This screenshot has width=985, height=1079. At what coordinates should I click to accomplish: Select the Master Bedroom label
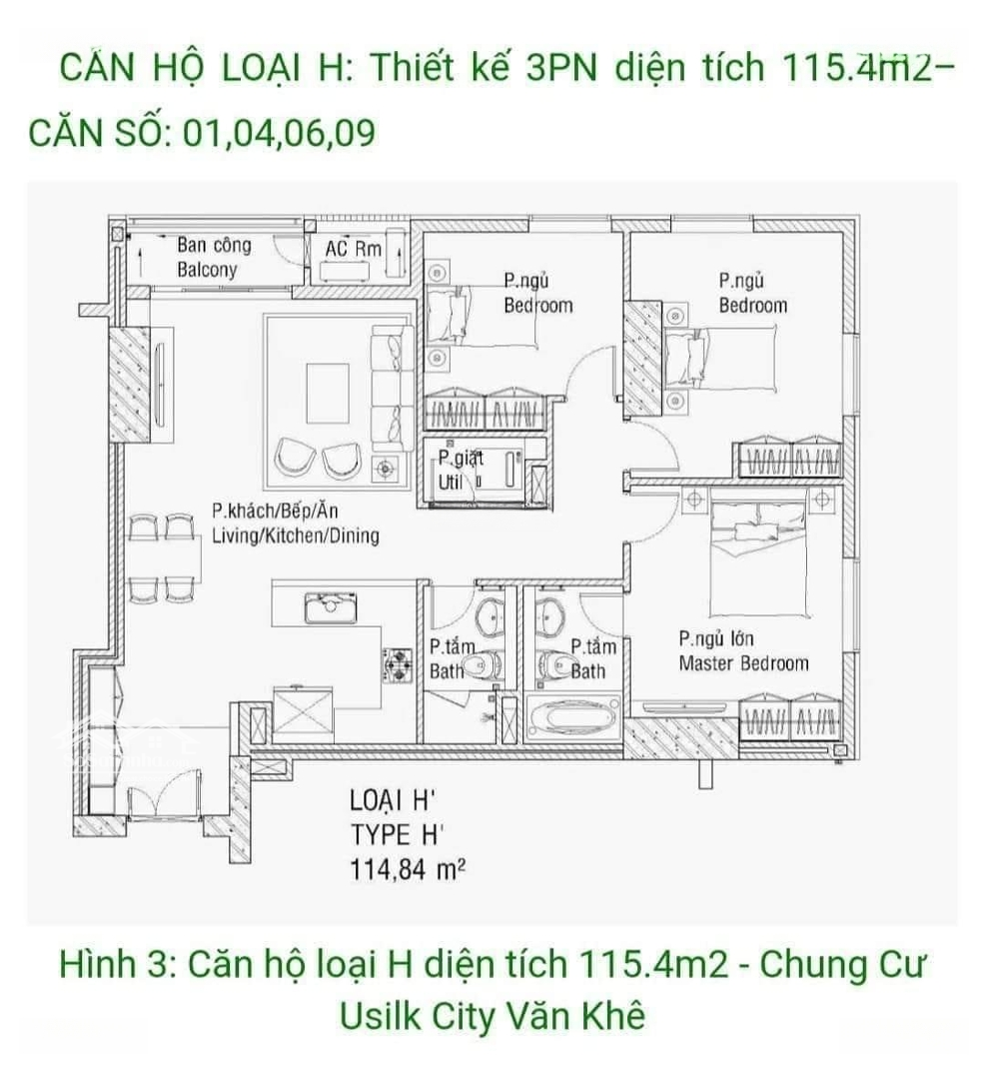click(x=743, y=651)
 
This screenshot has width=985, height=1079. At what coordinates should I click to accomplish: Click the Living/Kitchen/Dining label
click(x=295, y=525)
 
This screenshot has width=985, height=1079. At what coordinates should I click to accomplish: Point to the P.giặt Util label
click(x=459, y=471)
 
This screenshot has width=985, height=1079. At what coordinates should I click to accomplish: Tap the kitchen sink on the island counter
click(x=330, y=607)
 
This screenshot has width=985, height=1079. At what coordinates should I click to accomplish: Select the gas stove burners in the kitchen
click(x=399, y=662)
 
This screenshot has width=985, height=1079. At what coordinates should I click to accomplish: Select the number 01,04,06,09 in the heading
click(x=279, y=132)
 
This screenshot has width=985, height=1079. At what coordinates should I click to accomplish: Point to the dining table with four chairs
click(x=167, y=559)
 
